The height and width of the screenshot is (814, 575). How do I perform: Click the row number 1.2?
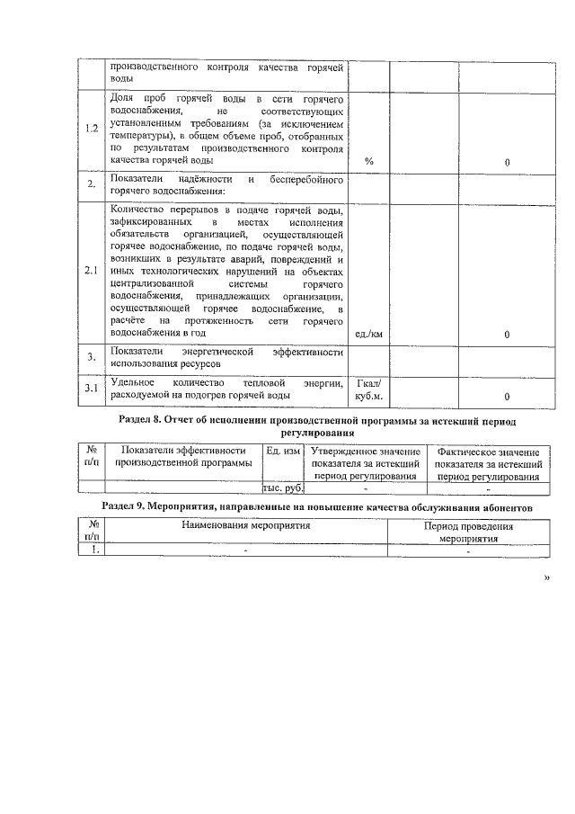[x=92, y=128]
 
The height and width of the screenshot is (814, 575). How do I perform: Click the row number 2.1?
[x=92, y=269]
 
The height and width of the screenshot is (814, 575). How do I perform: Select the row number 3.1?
[x=92, y=389]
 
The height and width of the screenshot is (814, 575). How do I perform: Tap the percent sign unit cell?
[x=369, y=161]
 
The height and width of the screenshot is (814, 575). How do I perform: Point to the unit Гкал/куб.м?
[x=369, y=389]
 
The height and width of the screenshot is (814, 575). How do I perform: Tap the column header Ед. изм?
[x=282, y=451]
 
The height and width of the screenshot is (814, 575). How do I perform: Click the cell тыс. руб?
[x=282, y=488]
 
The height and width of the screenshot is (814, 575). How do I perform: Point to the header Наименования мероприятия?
[x=245, y=526]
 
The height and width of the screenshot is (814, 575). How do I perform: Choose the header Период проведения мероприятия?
[x=468, y=532]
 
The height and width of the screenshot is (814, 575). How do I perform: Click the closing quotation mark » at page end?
[x=547, y=579]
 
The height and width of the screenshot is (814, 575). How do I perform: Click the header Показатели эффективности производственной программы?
[x=183, y=456]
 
